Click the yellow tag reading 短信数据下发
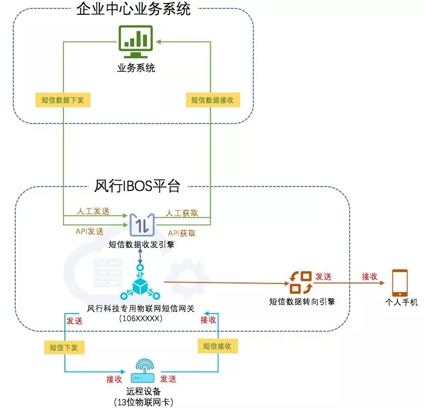62,100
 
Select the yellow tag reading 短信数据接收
212,100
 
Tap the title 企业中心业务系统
133,9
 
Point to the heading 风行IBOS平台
137,186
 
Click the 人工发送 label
93,212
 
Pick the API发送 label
90,231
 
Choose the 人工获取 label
182,213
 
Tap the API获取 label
182,233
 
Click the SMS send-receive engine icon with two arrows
142,224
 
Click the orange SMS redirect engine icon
301,282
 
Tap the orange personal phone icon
400,282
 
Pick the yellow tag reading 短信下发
64,347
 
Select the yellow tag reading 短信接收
217,346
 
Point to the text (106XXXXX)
141,318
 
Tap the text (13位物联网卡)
143,402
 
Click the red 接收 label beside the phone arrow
369,276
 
